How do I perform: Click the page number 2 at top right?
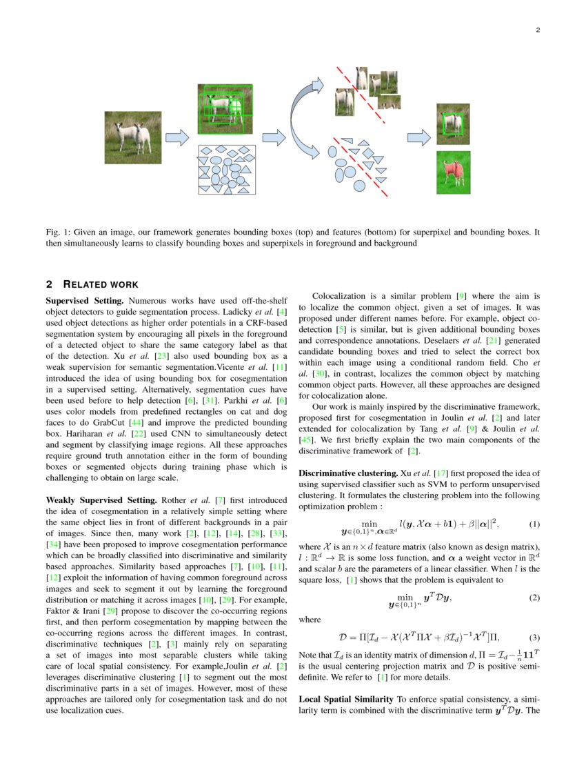tap(537, 30)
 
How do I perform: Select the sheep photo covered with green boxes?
tap(225, 109)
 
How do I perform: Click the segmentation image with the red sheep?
tap(453, 172)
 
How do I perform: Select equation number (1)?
tap(533, 524)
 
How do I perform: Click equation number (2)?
tap(533, 598)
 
